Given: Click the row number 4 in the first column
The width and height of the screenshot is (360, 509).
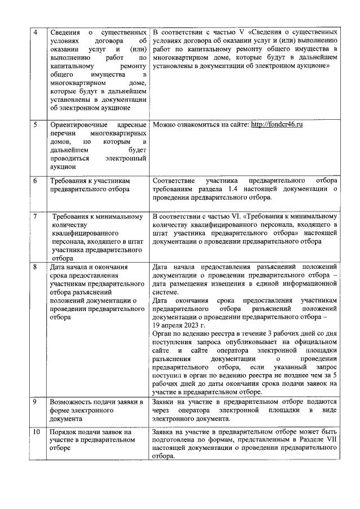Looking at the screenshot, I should pyautogui.click(x=35, y=32).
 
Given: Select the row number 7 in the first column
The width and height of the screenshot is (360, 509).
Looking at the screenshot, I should pyautogui.click(x=36, y=217).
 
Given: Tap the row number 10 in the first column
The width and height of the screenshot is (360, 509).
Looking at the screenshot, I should pyautogui.click(x=37, y=432).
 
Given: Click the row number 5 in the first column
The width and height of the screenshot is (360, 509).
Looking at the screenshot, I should pyautogui.click(x=35, y=124).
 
